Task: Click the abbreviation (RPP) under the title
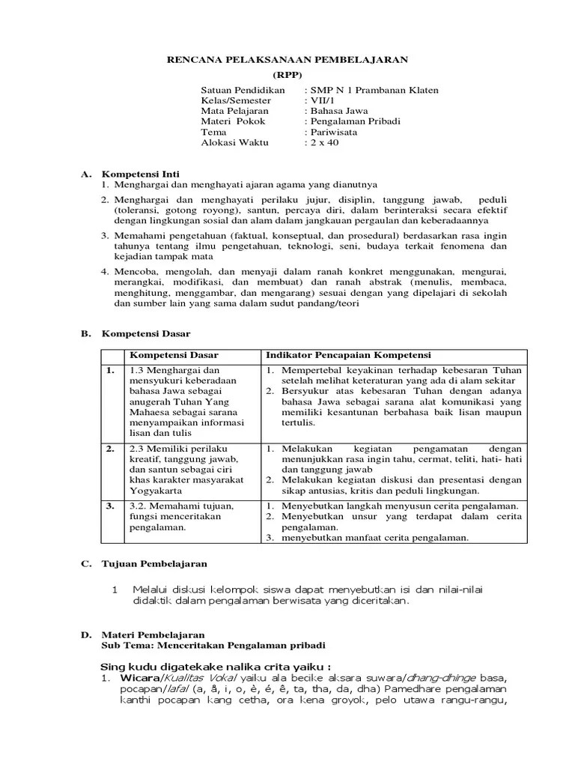(x=287, y=75)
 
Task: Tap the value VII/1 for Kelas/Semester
(x=322, y=100)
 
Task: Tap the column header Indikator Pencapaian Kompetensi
(x=349, y=354)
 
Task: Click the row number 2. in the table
(x=110, y=448)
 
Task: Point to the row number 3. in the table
(x=110, y=506)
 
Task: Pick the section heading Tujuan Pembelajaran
(x=155, y=563)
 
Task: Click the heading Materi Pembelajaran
(x=153, y=634)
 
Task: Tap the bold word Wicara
(x=135, y=679)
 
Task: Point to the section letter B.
(x=85, y=333)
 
